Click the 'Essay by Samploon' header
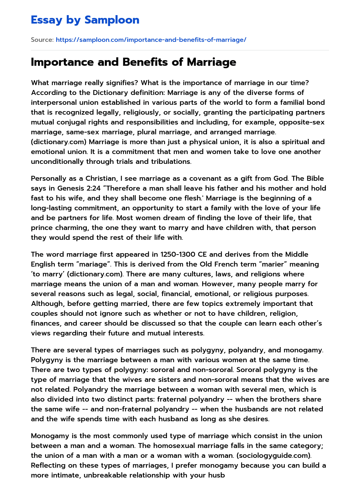pos(85,20)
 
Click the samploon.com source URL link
pos(151,40)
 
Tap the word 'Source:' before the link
pos(42,40)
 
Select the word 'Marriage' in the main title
pos(211,62)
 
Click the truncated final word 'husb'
pos(216,475)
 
